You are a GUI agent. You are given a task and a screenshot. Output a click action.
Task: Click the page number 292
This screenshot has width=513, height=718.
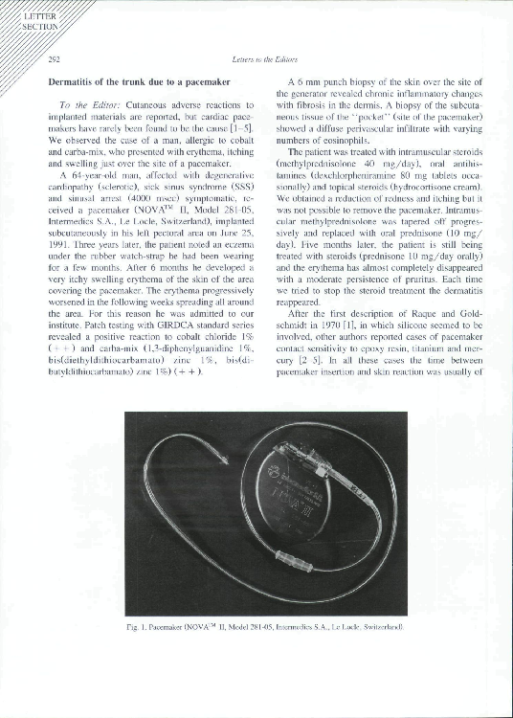pos(55,59)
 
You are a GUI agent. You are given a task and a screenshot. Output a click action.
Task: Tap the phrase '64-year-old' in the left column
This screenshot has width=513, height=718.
pos(88,176)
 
